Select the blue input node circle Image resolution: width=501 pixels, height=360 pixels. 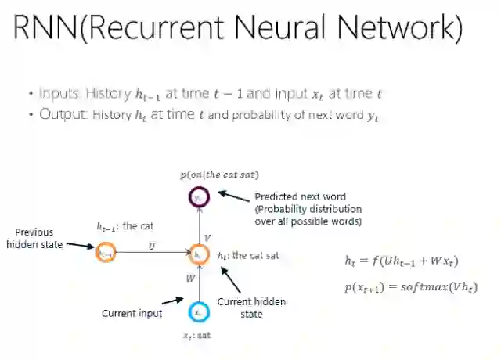200,311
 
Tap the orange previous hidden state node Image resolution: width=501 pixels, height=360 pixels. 106,253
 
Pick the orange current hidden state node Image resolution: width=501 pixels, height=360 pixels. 199,254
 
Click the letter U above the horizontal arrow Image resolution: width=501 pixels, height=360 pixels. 151,245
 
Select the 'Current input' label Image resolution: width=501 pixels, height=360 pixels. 132,313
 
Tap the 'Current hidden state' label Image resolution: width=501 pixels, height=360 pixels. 251,308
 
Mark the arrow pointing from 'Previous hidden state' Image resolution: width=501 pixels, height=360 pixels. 77,246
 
